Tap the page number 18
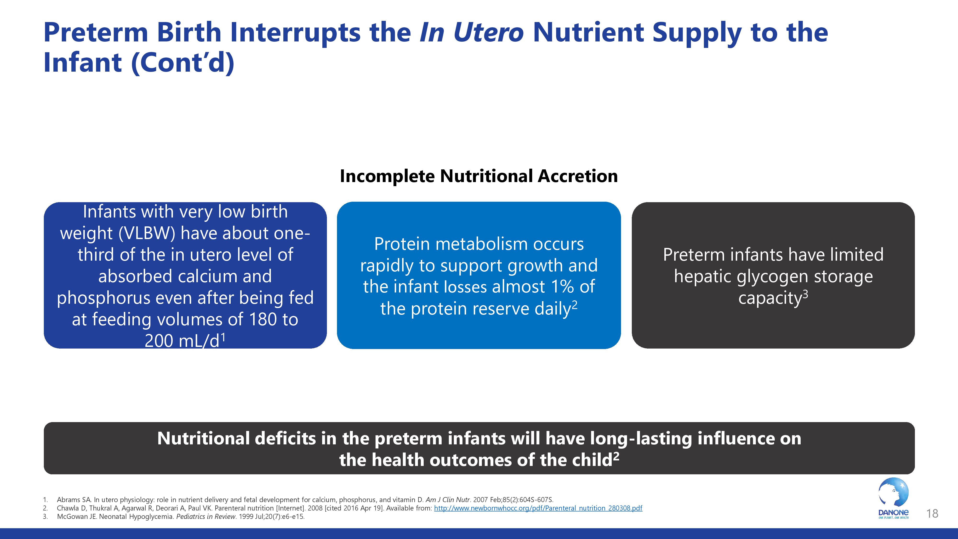point(932,514)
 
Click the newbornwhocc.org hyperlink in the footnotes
point(538,508)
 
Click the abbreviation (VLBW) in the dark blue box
point(147,233)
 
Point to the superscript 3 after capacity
point(805,294)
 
